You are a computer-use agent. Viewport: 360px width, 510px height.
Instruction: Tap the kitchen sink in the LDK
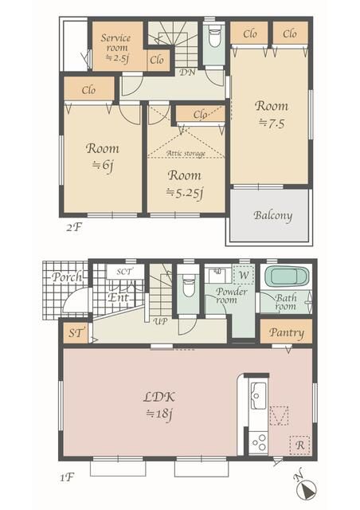pyautogui.click(x=259, y=395)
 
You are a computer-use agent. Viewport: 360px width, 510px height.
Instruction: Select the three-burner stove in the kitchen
pyautogui.click(x=259, y=442)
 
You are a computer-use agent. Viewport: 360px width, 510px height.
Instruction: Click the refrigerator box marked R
pyautogui.click(x=299, y=445)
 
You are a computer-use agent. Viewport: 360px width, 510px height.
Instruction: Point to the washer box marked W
pyautogui.click(x=244, y=275)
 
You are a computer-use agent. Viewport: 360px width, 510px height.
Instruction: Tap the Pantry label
pyautogui.click(x=287, y=333)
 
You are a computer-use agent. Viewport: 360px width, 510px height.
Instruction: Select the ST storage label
pyautogui.click(x=76, y=333)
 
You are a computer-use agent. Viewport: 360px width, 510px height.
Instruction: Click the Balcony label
pyautogui.click(x=272, y=216)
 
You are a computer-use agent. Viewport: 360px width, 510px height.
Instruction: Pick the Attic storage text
pyautogui.click(x=186, y=153)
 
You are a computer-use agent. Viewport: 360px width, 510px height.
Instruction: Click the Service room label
pyautogui.click(x=116, y=42)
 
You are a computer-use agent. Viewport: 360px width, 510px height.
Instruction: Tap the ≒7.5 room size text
pyautogui.click(x=272, y=124)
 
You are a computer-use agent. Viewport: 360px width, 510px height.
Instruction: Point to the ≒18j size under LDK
pyautogui.click(x=159, y=414)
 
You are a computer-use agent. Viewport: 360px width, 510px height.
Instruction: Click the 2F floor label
pyautogui.click(x=73, y=227)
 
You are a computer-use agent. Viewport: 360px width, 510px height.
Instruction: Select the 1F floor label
pyautogui.click(x=68, y=478)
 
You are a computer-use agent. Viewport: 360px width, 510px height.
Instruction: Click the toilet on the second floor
pyautogui.click(x=214, y=38)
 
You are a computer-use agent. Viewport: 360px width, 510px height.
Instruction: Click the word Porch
pyautogui.click(x=67, y=277)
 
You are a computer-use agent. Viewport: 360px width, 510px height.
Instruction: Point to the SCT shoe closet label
pyautogui.click(x=124, y=272)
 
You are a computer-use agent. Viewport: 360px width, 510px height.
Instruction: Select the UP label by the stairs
pyautogui.click(x=161, y=321)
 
